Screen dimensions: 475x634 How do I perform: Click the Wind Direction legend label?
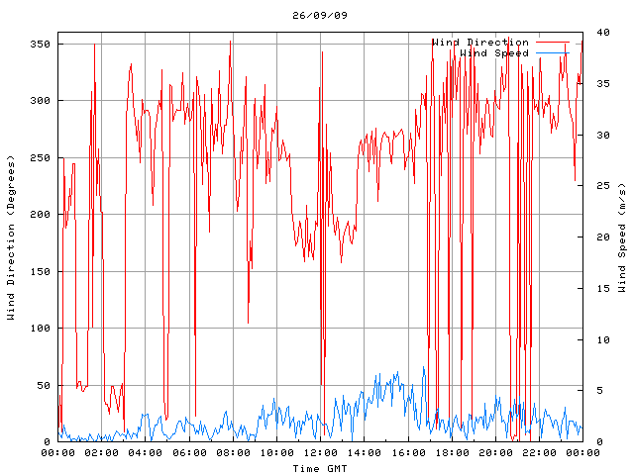(480, 43)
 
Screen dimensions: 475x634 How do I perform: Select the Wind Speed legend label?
(494, 52)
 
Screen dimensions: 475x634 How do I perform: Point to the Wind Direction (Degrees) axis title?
(11, 237)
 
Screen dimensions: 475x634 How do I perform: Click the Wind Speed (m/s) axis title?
(622, 237)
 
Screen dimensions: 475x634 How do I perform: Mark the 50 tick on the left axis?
(43, 385)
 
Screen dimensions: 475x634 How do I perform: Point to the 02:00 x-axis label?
(102, 453)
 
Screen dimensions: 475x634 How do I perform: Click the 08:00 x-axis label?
(233, 453)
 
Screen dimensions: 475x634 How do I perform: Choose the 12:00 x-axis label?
(320, 453)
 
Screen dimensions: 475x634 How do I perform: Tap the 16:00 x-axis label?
(407, 453)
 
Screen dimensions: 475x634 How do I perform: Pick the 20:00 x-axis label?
(494, 453)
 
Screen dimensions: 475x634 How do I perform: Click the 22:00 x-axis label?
(538, 453)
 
